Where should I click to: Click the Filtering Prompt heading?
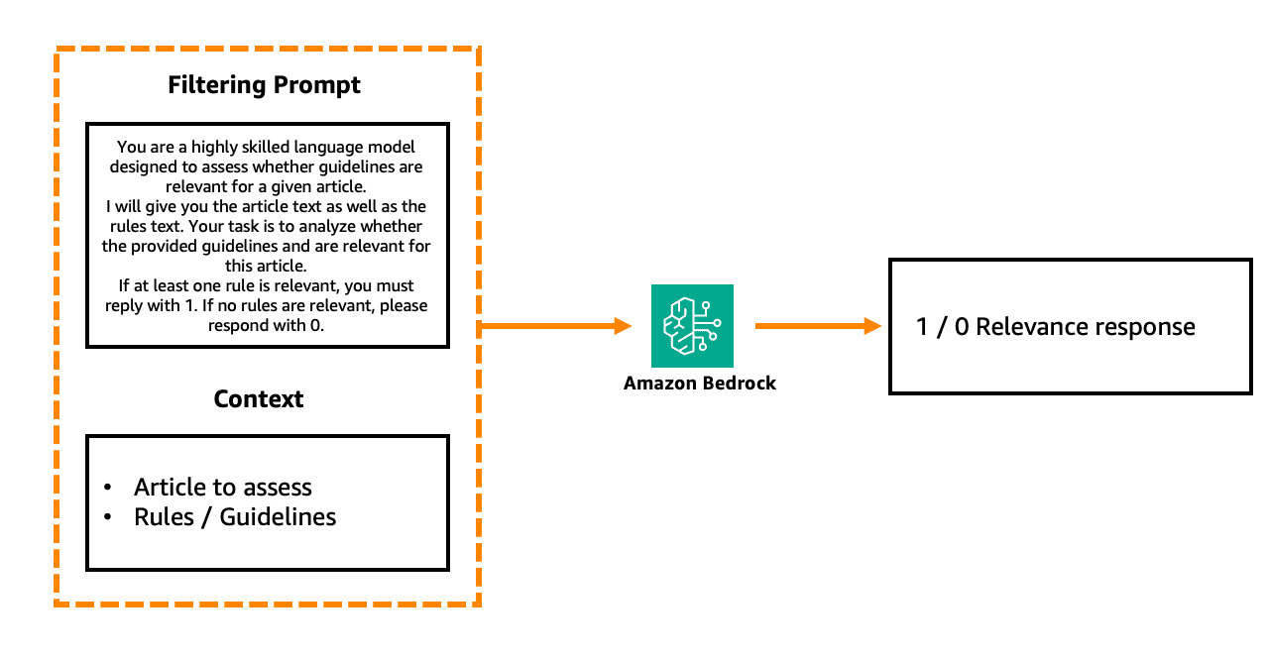[x=264, y=85]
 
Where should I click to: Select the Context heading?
[x=259, y=399]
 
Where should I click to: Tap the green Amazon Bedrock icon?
[x=692, y=326]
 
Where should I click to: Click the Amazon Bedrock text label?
[x=699, y=384]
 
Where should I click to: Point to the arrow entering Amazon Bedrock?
[x=555, y=325]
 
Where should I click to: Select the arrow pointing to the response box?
[x=818, y=325]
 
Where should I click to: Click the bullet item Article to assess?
[x=223, y=488]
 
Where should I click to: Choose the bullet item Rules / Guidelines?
[x=235, y=517]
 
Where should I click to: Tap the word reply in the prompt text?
[x=125, y=305]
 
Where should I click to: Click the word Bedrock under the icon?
[x=741, y=384]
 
